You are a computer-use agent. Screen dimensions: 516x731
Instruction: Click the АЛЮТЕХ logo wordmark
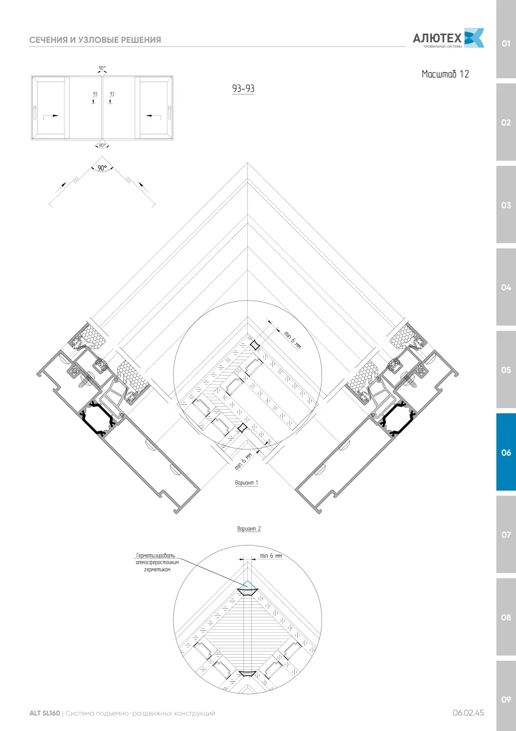437,38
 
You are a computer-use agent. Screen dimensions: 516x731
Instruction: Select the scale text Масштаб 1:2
445,74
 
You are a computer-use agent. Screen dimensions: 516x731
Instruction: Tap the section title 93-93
243,88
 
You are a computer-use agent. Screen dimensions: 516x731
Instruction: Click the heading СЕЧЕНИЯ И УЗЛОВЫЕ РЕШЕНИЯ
95,40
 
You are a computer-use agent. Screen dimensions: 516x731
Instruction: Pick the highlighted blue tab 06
506,452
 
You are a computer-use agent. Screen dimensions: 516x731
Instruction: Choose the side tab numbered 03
506,205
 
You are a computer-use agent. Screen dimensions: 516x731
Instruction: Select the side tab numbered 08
506,617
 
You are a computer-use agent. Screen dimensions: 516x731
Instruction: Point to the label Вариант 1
247,483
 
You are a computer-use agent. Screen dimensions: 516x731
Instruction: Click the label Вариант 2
249,528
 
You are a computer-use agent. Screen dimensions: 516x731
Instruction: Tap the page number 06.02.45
468,713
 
